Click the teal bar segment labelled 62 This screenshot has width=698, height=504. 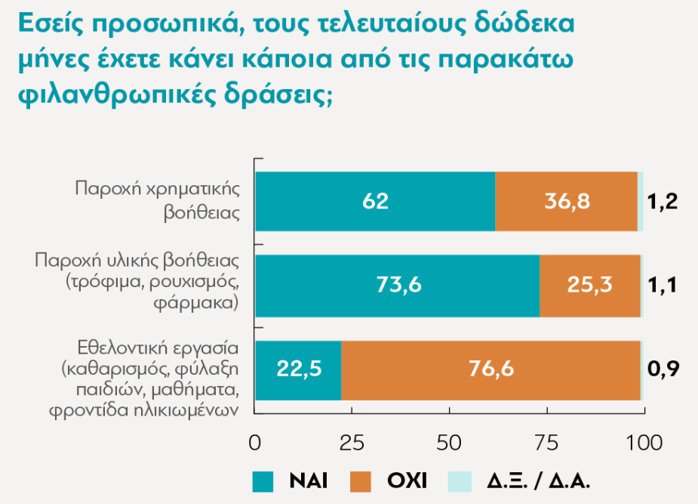[x=374, y=201]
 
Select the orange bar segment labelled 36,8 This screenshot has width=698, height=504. [x=567, y=201]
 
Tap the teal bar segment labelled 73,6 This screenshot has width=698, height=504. [x=397, y=286]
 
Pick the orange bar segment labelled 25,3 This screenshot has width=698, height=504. [x=590, y=286]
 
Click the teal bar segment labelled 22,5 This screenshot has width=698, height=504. [x=298, y=370]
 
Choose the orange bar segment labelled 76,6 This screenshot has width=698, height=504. [x=490, y=370]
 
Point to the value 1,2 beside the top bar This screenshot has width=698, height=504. [x=664, y=202]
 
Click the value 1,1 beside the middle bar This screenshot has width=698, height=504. [x=664, y=286]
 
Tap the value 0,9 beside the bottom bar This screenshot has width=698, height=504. [x=664, y=370]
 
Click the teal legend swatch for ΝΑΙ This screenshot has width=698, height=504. [x=263, y=480]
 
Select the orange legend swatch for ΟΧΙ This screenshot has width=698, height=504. [x=361, y=480]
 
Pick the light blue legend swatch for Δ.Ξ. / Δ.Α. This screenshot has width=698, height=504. [x=460, y=480]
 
